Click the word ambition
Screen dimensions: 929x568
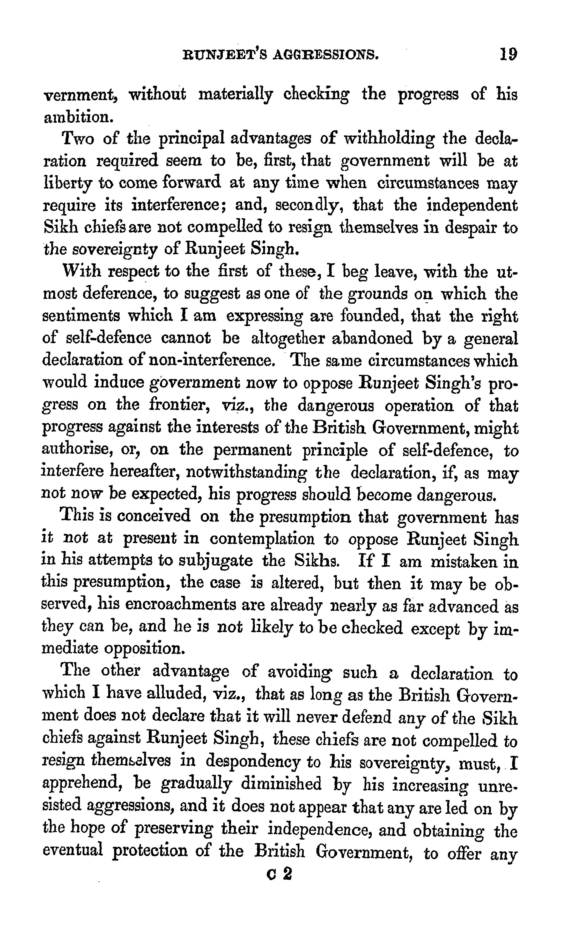click(x=78, y=117)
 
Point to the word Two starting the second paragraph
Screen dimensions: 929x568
click(x=78, y=139)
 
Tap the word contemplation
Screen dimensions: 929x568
click(x=262, y=539)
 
